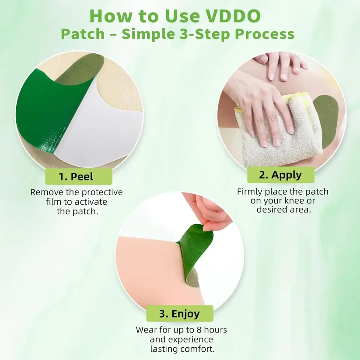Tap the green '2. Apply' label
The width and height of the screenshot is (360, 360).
280,175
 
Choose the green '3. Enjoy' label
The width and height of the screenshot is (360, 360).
179,314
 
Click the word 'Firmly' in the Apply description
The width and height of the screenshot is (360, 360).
249,192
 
